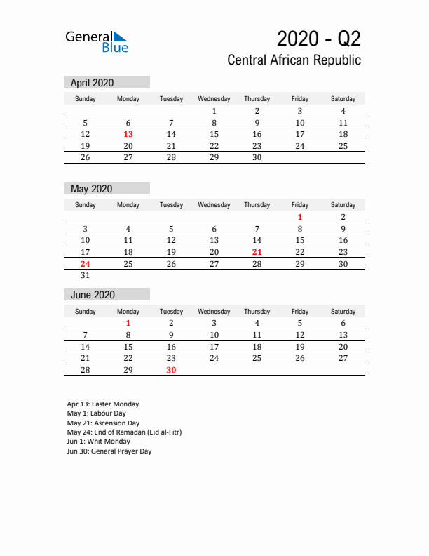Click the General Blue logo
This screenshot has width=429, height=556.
coord(97,41)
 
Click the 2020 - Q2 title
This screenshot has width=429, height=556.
coord(319,38)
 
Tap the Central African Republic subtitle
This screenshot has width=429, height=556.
coord(294,60)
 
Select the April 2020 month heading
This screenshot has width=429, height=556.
coord(92,82)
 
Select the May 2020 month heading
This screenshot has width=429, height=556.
coord(91,188)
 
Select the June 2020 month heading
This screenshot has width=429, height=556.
coord(93,295)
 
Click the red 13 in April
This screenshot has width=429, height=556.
coord(128,134)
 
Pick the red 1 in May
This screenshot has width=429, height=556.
coord(300,217)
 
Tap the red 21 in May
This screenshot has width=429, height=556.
coord(257,252)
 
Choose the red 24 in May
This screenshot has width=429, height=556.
coord(85,264)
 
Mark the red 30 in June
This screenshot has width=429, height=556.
coord(171,370)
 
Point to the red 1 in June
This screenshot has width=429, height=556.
coord(128,323)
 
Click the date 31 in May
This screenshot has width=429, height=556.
coord(85,276)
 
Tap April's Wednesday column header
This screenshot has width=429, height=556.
coord(214,99)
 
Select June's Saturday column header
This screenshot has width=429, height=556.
coord(343,311)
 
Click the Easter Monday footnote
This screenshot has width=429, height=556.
coord(103,404)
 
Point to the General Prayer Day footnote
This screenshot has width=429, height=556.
coord(109,451)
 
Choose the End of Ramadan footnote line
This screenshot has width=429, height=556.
coord(124,432)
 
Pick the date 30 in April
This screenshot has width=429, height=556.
coord(257,158)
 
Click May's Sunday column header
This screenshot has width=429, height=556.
coord(85,205)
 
